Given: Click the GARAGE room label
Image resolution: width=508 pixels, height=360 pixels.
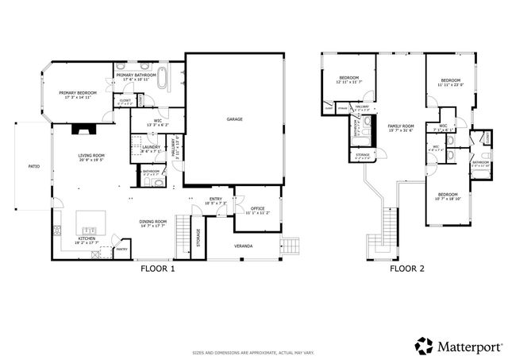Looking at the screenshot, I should (234, 119).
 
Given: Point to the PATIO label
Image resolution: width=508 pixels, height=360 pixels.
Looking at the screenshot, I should (34, 167).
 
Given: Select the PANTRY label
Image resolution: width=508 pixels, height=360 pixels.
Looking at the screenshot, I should (121, 249).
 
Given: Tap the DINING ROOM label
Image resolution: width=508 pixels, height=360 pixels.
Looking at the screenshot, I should (153, 222).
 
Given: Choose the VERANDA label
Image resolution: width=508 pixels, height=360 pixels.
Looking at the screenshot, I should (244, 246).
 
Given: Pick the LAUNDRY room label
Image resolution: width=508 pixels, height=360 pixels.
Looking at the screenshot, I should (152, 147).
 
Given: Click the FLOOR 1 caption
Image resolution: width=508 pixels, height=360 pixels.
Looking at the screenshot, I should (157, 269).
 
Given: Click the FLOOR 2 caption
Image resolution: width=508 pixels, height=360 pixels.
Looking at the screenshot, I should (406, 269).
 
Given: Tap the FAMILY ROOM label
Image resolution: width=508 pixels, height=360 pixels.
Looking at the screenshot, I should (401, 126).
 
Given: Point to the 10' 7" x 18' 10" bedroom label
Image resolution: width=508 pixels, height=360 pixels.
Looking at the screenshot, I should (448, 195).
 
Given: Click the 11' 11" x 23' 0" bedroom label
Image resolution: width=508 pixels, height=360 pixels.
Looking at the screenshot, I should (451, 81).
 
